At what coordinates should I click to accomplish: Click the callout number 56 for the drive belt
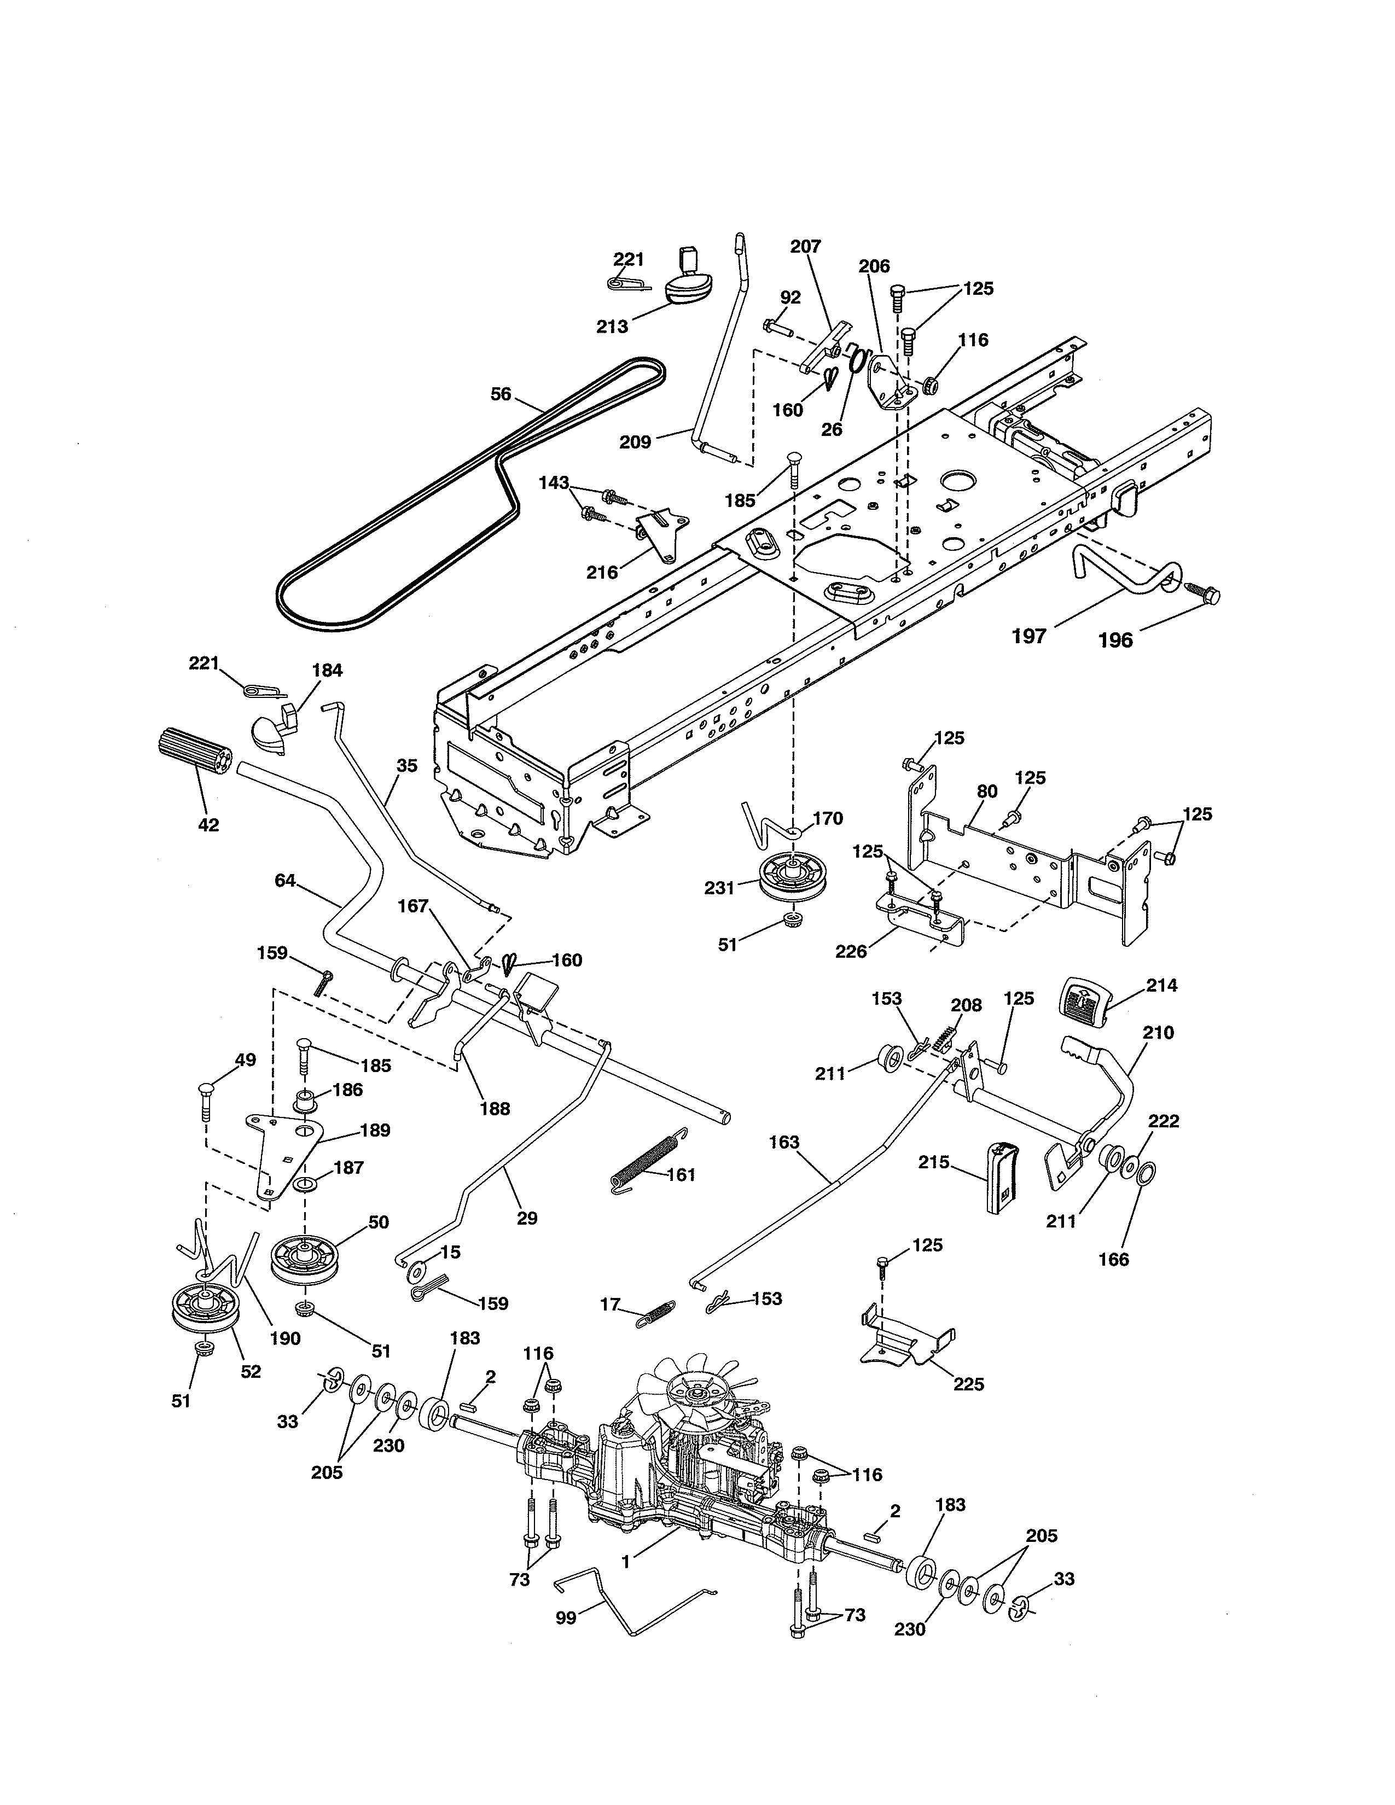pyautogui.click(x=501, y=394)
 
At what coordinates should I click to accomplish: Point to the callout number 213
pyautogui.click(x=612, y=327)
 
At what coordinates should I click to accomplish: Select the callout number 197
pyautogui.click(x=1030, y=636)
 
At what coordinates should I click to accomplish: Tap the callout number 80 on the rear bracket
pyautogui.click(x=987, y=791)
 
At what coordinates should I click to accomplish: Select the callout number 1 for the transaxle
pyautogui.click(x=626, y=1561)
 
